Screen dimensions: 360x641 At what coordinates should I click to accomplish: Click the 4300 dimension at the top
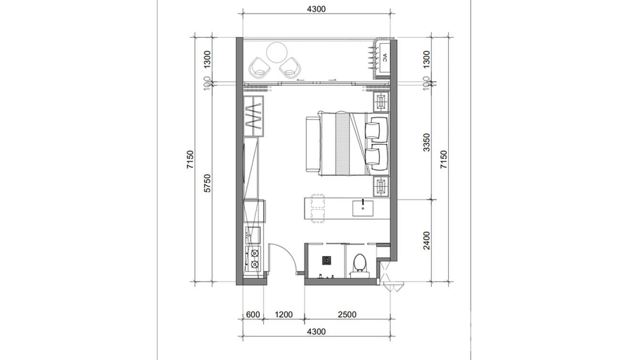[316, 9]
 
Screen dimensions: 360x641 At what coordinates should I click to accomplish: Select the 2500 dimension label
[347, 315]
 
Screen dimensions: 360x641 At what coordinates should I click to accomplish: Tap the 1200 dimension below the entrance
[283, 315]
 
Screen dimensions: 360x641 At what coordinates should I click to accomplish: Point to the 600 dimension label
[253, 315]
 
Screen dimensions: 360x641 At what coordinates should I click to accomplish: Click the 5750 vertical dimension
[207, 183]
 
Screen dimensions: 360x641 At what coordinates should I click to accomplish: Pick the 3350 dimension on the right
[427, 142]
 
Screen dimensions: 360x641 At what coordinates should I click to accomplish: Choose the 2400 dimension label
[427, 240]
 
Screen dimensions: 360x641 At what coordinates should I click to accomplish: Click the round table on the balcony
[277, 53]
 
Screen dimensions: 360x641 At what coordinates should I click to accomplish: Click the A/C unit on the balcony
[384, 59]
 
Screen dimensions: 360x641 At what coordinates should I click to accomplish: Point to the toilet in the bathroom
[358, 263]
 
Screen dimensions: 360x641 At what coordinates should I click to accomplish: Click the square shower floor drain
[327, 260]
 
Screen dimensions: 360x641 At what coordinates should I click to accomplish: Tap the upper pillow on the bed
[375, 130]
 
